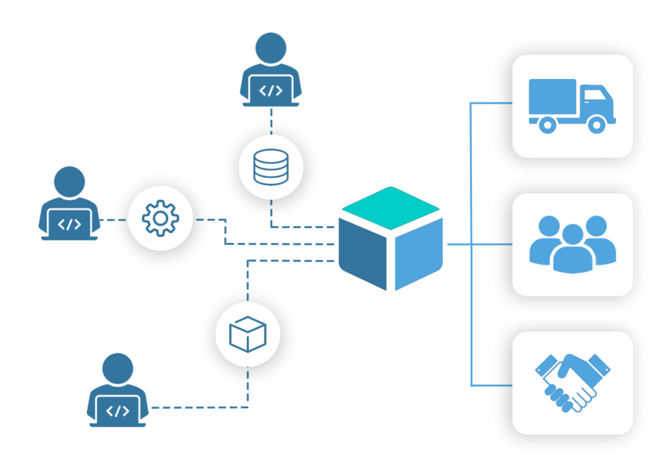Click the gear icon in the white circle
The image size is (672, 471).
tap(160, 219)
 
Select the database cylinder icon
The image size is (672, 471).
tap(270, 167)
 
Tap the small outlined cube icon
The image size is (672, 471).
tap(247, 334)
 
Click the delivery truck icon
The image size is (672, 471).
tap(572, 106)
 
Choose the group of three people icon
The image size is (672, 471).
tap(572, 244)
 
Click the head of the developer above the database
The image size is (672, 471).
tap(270, 49)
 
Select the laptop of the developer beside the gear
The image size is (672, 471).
tap(70, 224)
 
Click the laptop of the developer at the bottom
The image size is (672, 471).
tap(118, 411)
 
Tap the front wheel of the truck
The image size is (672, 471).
tap(596, 123)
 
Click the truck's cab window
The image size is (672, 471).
tap(594, 95)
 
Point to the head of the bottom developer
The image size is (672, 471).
tap(118, 369)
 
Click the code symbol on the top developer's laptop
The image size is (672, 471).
tap(270, 91)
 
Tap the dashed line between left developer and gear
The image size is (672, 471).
tap(114, 220)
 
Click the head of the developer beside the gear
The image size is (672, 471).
tap(70, 182)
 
